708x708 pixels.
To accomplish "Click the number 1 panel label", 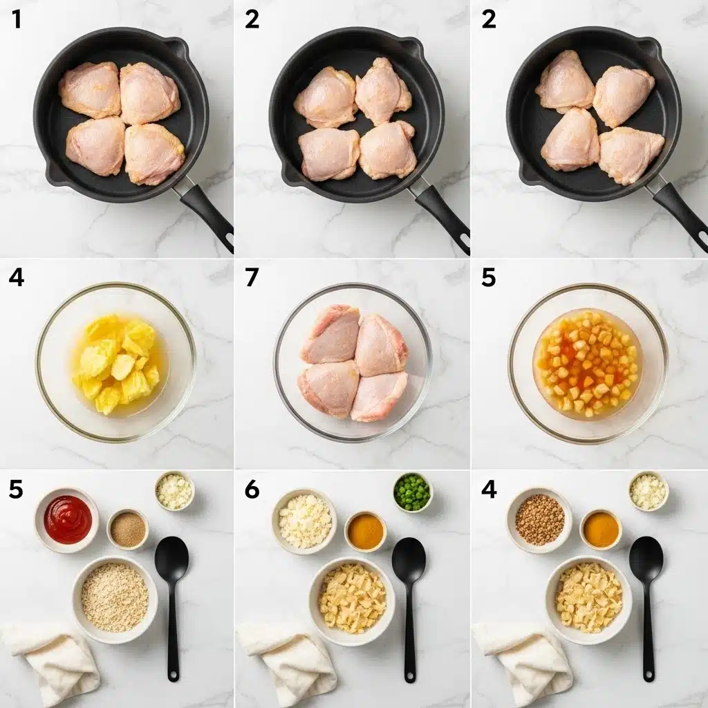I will pos(17,20).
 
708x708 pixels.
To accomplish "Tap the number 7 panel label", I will pos(252,278).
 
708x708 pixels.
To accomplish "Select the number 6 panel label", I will pos(252,490).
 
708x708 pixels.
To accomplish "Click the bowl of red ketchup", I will pos(67,519).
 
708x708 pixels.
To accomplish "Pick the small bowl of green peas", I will pos(412,492).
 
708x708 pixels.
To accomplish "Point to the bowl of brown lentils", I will pos(539,519).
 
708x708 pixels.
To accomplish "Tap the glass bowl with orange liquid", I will pos(588,365).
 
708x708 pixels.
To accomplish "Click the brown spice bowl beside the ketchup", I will pos(128,530).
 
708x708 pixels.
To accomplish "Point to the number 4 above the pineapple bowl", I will pos(17,278).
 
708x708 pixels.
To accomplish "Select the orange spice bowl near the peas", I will pos(365,531).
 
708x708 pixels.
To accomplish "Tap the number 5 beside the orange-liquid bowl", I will pos(488,278).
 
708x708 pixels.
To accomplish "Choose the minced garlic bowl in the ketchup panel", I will pos(174,491).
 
